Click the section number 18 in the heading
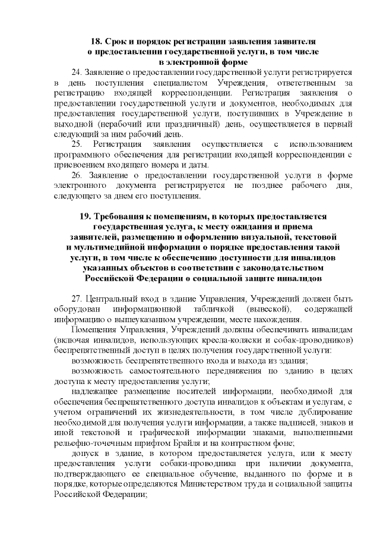click(x=97, y=42)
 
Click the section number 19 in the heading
click(x=85, y=216)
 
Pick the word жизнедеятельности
click(x=191, y=412)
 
